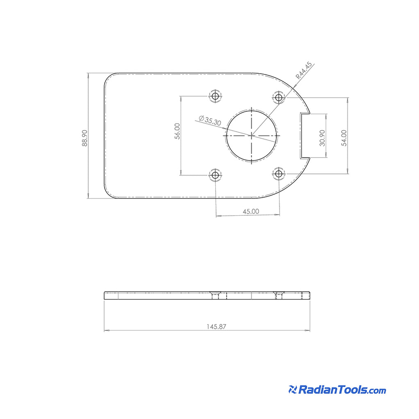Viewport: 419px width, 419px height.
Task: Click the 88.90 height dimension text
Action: [x=84, y=138]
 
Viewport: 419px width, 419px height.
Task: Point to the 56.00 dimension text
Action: [x=177, y=131]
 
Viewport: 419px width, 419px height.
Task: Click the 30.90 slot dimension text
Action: [x=322, y=138]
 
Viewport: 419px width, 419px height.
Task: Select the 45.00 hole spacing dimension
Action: [x=251, y=212]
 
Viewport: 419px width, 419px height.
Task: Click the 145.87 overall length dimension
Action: [x=216, y=327]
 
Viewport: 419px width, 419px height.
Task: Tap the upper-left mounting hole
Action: [x=215, y=97]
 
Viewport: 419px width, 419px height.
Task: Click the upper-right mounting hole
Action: [x=279, y=97]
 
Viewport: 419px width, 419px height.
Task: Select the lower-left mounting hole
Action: [x=215, y=175]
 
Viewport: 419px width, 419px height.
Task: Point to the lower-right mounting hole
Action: [x=279, y=174]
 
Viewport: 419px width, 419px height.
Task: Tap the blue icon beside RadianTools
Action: [x=292, y=390]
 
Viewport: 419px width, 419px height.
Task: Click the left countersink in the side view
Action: [x=215, y=294]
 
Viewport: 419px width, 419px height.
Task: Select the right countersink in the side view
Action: [x=279, y=294]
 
